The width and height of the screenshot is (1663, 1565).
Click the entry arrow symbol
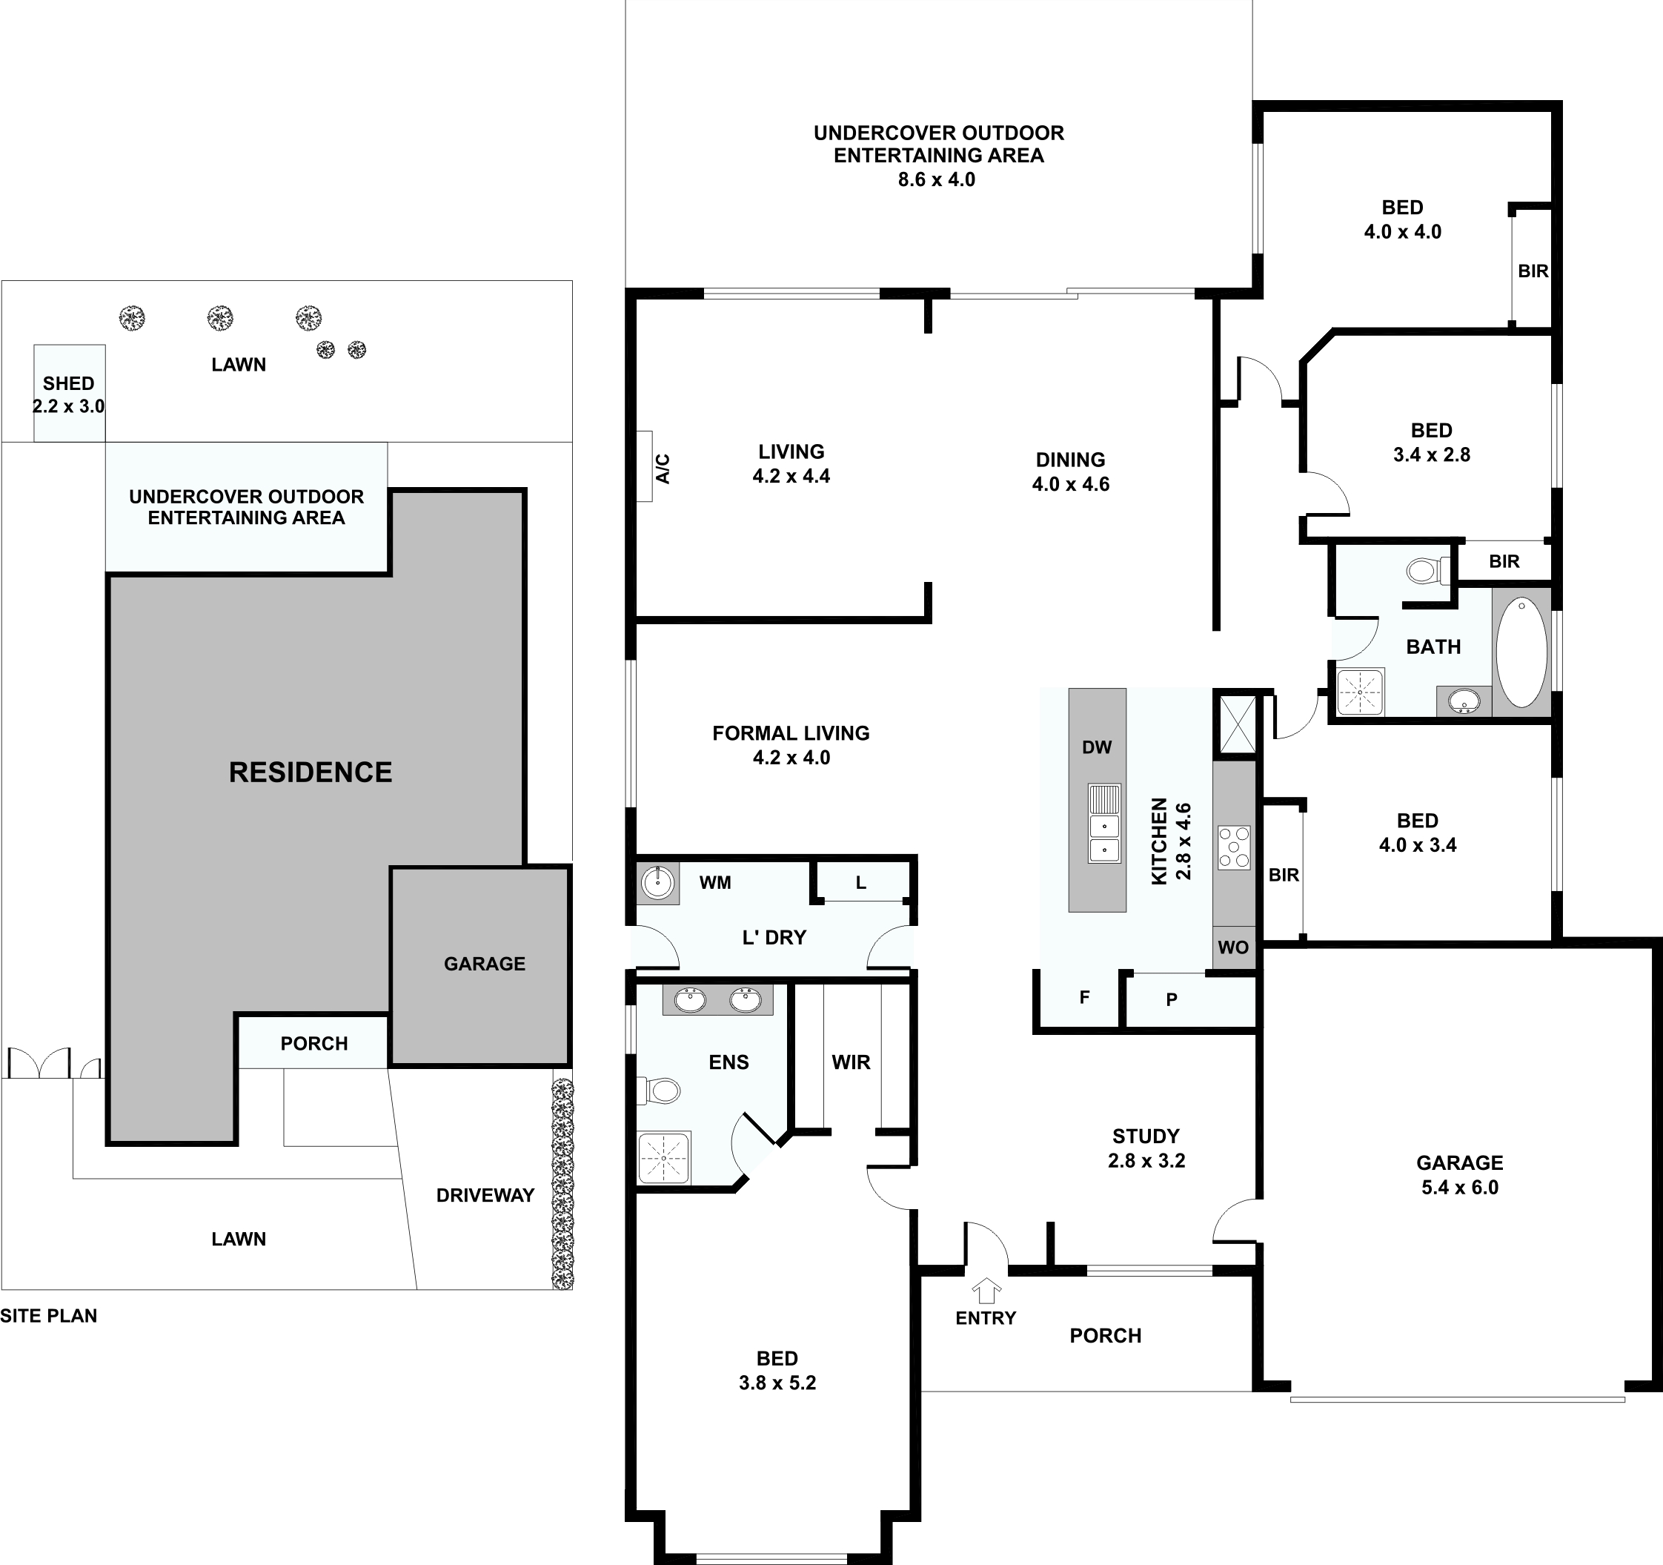(987, 1290)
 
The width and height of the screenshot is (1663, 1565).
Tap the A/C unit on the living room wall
(644, 466)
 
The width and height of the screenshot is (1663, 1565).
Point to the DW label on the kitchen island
(1096, 747)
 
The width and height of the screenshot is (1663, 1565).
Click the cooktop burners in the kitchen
(1233, 847)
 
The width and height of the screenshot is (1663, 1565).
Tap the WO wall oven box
(1233, 947)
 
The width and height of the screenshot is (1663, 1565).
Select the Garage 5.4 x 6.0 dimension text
(1460, 1187)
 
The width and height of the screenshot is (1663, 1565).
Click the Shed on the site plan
(70, 394)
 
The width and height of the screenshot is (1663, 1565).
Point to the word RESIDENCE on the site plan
(311, 772)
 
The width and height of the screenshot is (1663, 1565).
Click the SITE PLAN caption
(48, 1316)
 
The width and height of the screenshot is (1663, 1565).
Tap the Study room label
(1145, 1136)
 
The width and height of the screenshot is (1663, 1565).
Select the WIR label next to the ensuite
(851, 1062)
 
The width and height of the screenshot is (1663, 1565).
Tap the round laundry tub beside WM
(657, 883)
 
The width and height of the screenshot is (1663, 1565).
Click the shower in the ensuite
(663, 1158)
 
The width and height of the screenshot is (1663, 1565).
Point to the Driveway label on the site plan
(485, 1195)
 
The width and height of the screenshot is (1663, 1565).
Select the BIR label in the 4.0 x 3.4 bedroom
(1284, 875)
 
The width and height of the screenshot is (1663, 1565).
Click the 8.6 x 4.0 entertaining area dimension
(936, 179)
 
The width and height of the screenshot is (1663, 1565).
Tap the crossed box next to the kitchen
(1234, 723)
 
